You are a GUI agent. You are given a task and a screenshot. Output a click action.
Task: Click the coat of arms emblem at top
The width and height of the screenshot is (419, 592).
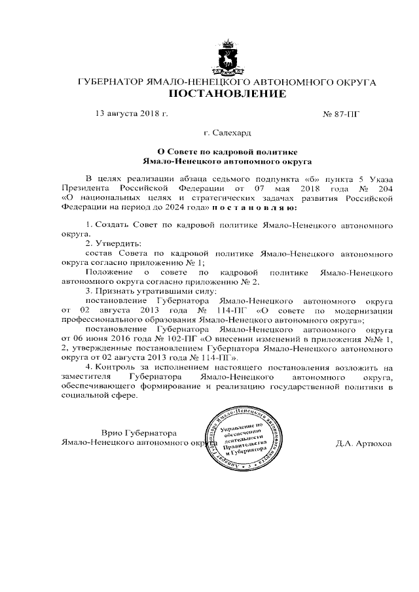click(228, 57)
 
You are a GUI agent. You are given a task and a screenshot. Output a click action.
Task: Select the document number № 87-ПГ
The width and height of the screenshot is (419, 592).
click(342, 114)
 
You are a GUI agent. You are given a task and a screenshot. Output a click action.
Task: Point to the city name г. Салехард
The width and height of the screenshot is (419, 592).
click(227, 132)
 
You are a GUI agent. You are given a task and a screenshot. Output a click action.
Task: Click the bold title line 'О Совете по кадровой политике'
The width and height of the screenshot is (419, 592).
click(227, 150)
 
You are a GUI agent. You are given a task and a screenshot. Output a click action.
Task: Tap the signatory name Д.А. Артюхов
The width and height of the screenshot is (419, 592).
click(363, 443)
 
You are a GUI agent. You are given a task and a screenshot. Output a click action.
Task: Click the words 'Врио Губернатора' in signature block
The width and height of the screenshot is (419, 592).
click(139, 433)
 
